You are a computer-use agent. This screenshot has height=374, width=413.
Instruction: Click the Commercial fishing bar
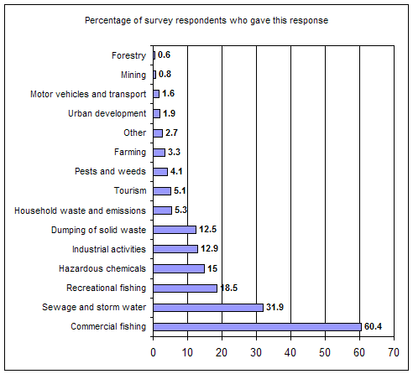click(x=257, y=327)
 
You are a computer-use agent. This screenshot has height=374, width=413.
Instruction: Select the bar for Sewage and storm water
click(x=208, y=308)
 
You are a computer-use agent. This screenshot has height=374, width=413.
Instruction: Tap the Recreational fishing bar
click(x=186, y=288)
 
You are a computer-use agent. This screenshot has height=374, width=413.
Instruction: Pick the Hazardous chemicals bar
click(x=179, y=269)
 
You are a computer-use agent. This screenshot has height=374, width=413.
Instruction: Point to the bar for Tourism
click(x=162, y=191)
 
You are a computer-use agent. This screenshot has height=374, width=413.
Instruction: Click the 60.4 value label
click(x=373, y=326)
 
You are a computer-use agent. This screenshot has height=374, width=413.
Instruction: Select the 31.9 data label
click(x=274, y=307)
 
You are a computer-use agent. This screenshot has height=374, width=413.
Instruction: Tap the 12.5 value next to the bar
click(x=208, y=230)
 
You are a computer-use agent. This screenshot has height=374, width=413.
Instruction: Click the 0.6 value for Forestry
click(x=164, y=55)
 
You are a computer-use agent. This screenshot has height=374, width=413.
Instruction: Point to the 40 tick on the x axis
click(x=290, y=352)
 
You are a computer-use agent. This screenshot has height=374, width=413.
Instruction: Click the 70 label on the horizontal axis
click(x=394, y=352)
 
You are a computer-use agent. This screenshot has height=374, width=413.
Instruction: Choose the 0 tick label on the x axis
click(x=153, y=352)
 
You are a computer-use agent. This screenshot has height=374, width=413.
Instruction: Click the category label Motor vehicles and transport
click(x=88, y=94)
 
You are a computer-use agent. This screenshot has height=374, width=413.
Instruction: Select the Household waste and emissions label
click(x=80, y=210)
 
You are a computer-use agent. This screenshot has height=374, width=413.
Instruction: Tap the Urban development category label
click(x=107, y=113)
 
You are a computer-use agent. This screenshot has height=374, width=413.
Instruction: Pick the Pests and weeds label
click(x=110, y=171)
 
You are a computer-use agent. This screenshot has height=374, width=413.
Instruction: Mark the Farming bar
click(x=159, y=153)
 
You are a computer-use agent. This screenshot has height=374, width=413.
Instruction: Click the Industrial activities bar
click(x=175, y=249)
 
